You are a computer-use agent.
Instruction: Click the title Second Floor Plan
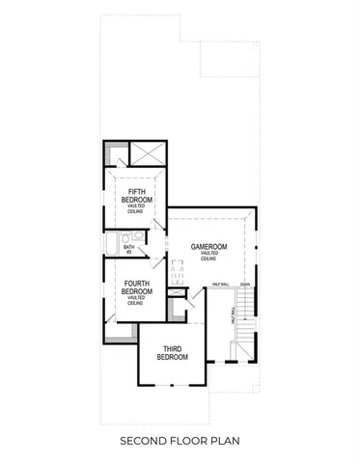click(x=180, y=441)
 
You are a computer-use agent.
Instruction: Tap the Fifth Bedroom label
click(x=136, y=196)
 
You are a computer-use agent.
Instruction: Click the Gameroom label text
click(x=208, y=247)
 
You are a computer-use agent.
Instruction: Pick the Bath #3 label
click(x=128, y=250)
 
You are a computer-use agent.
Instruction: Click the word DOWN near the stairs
click(x=245, y=285)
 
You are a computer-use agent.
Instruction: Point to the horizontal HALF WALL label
click(x=219, y=285)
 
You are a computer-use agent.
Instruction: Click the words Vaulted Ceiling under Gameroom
click(x=208, y=257)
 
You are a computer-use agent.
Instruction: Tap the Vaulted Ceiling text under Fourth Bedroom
click(x=136, y=300)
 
